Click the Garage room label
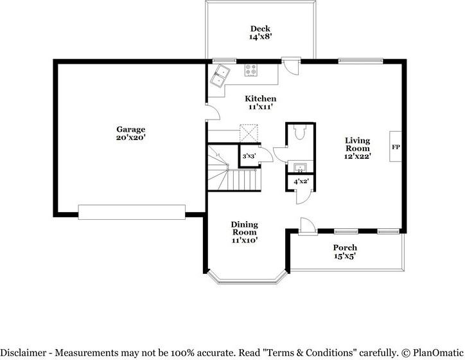130,133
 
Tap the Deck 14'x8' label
260,33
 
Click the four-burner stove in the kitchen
250,71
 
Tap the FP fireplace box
395,147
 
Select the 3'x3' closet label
248,156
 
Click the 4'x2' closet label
301,182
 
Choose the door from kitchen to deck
291,66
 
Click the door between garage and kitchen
211,114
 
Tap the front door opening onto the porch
307,226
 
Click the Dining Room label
245,231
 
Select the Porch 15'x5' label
345,251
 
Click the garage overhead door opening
132,210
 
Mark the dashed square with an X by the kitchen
249,133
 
